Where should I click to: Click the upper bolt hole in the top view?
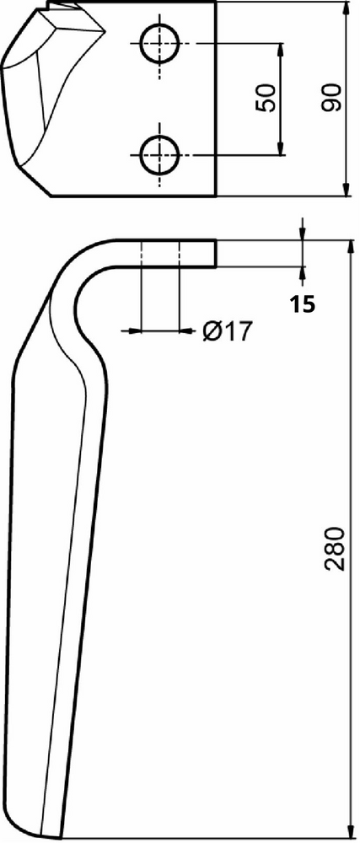(x=161, y=43)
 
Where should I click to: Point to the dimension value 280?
(x=334, y=549)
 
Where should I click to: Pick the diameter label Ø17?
(x=227, y=331)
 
